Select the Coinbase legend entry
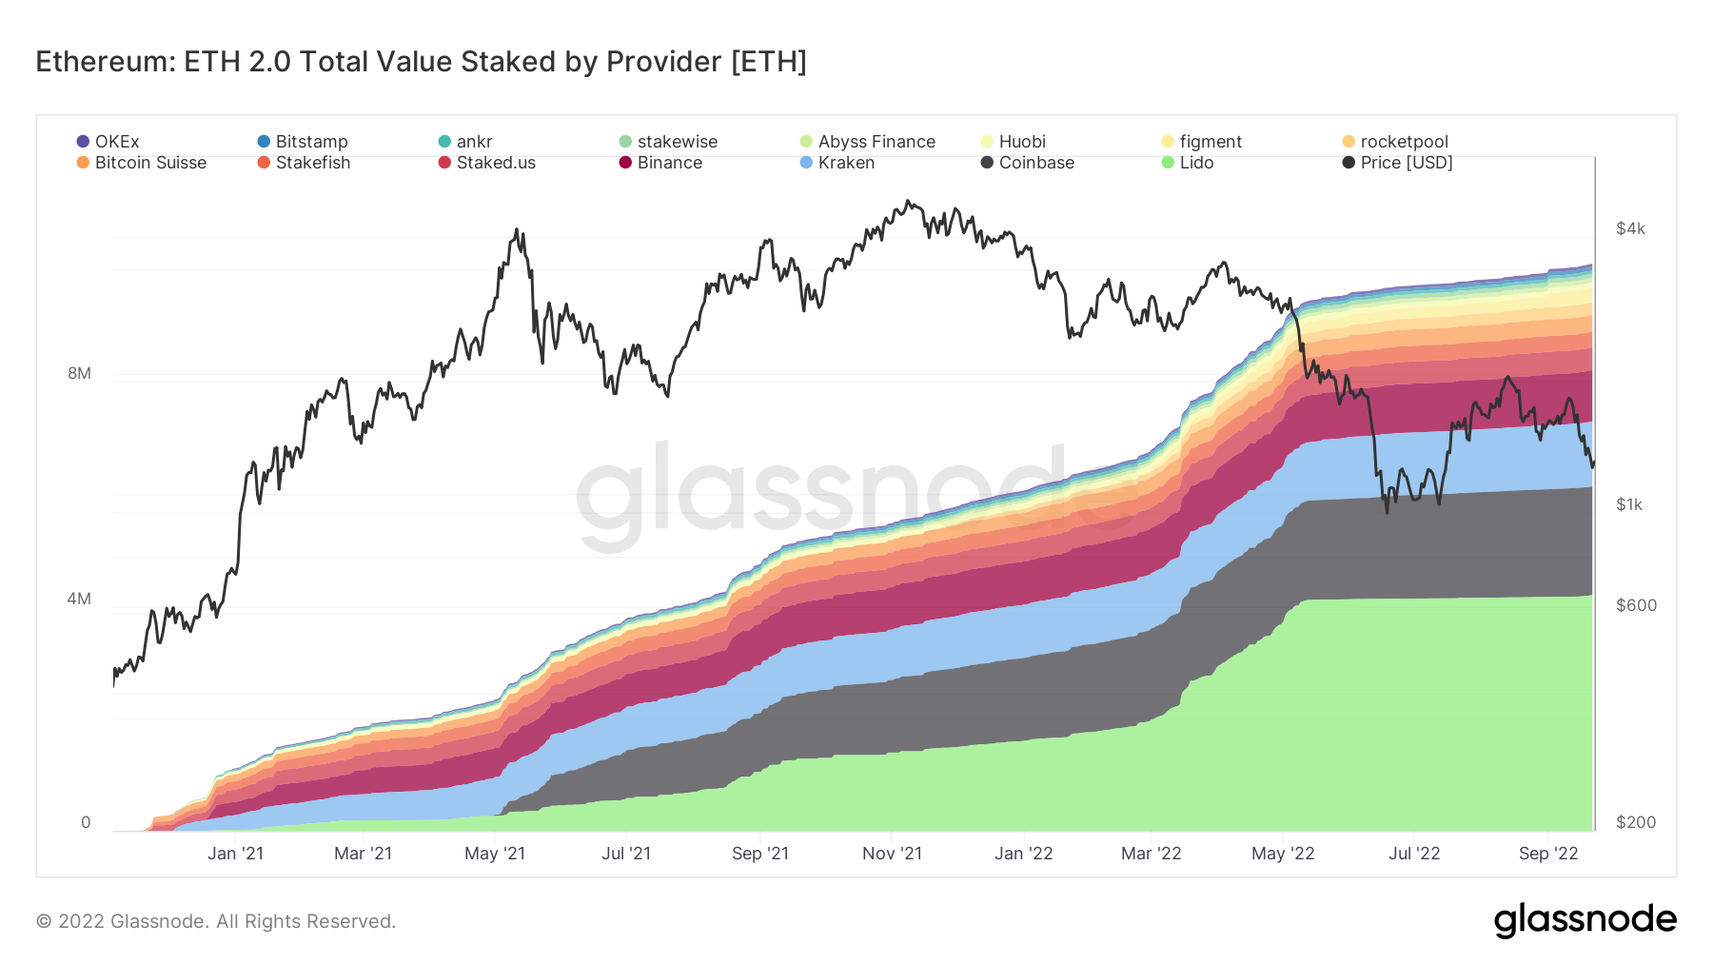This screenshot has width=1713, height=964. point(1028,163)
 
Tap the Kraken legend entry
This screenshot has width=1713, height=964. point(837,163)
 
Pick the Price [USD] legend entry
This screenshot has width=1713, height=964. point(1398,163)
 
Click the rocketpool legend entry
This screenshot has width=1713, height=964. point(1395,142)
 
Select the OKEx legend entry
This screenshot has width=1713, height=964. point(108,142)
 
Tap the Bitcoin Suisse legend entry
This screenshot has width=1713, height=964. point(142,163)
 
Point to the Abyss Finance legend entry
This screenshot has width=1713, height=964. point(868,142)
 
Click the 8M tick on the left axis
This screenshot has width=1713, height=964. point(79,373)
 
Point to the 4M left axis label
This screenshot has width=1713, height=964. point(79,599)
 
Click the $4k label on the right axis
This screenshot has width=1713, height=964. point(1630,228)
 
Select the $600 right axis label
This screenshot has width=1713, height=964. point(1636,605)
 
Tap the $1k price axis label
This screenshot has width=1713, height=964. point(1629,504)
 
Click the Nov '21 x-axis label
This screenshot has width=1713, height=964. point(892,854)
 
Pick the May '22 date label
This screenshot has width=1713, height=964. point(1283,854)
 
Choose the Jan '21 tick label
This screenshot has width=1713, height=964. point(235,854)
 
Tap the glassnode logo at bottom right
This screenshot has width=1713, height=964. point(1585,920)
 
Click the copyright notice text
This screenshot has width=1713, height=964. point(216,921)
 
